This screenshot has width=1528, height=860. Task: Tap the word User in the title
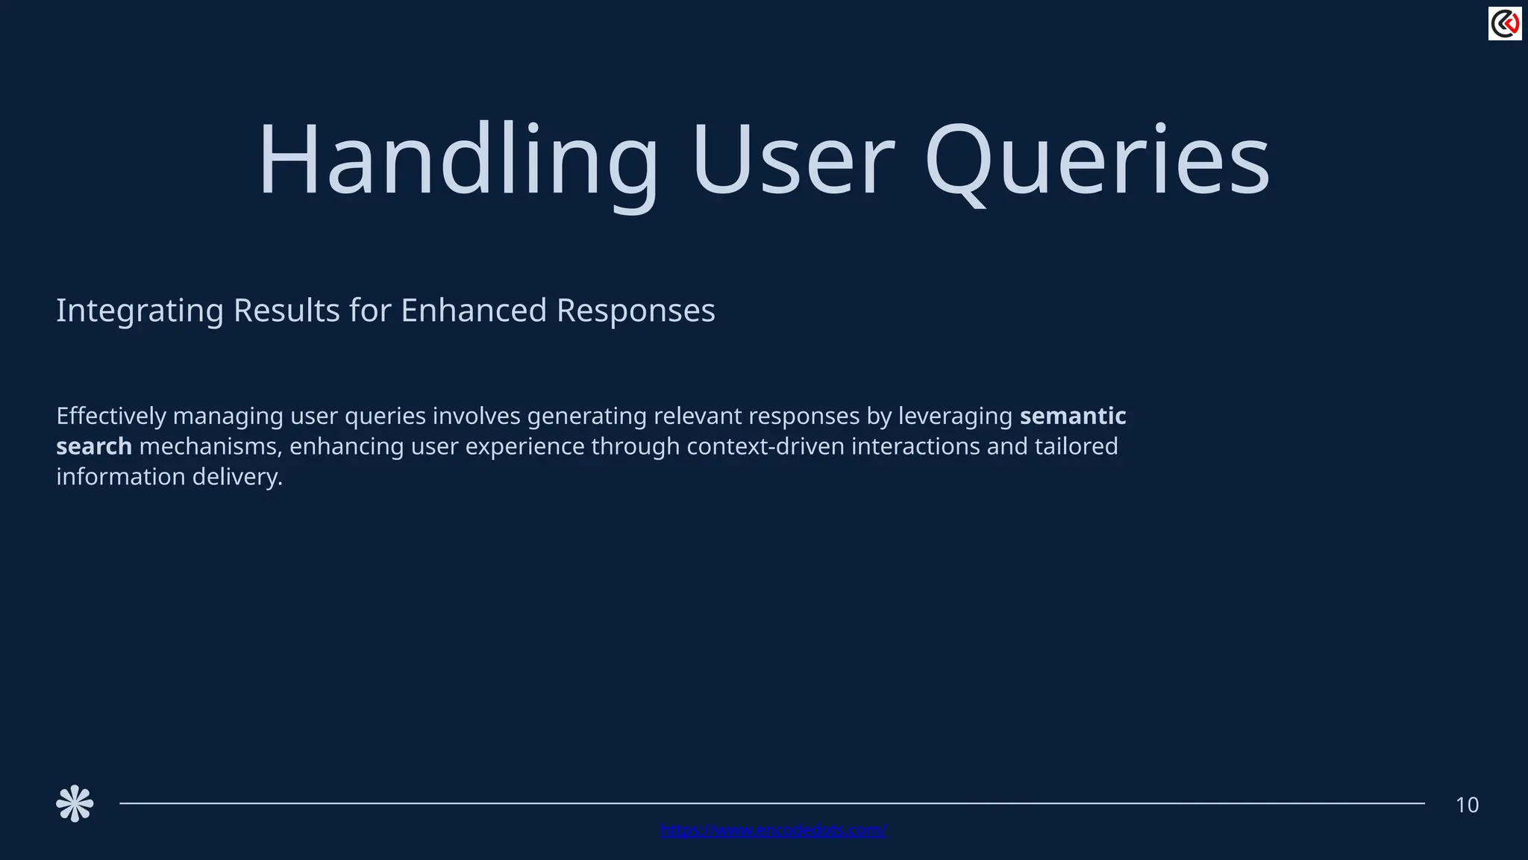coord(792,161)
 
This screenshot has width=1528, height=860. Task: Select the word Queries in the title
coord(1097,161)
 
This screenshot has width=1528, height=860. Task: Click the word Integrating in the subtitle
coord(140,311)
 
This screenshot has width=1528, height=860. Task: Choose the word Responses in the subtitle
coord(636,311)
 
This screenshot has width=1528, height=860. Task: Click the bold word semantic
coord(1073,416)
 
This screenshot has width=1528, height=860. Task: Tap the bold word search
coord(94,446)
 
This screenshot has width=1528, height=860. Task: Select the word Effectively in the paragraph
coord(111,416)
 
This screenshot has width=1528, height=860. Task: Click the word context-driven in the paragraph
coord(765,446)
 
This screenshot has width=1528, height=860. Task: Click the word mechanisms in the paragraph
coord(211,446)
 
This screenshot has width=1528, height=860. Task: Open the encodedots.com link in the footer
coord(773,830)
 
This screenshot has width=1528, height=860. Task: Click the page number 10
coord(1467,806)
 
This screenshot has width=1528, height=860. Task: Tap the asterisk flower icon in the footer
coord(75,804)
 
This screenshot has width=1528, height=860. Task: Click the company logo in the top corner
coord(1504,24)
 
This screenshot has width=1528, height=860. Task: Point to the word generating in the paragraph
coord(586,416)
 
